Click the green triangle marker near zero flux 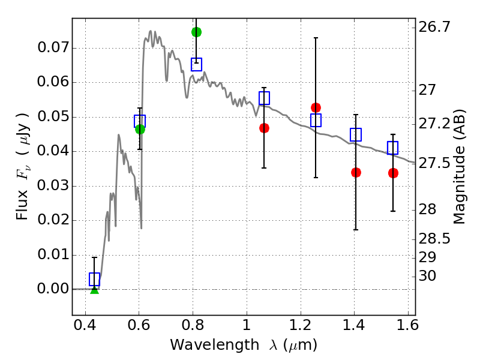[x=94, y=289]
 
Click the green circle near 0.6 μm [x=140, y=129]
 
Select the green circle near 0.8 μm [x=196, y=32]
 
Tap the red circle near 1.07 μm [x=264, y=128]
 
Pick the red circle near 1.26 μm [x=316, y=107]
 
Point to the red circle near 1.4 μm [x=356, y=172]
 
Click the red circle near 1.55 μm [x=393, y=173]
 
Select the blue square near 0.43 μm [x=94, y=279]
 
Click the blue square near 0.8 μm [x=196, y=64]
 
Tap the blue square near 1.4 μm [x=356, y=134]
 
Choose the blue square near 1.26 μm [x=316, y=121]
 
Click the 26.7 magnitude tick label [x=435, y=27]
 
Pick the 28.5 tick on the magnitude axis [x=435, y=239]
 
